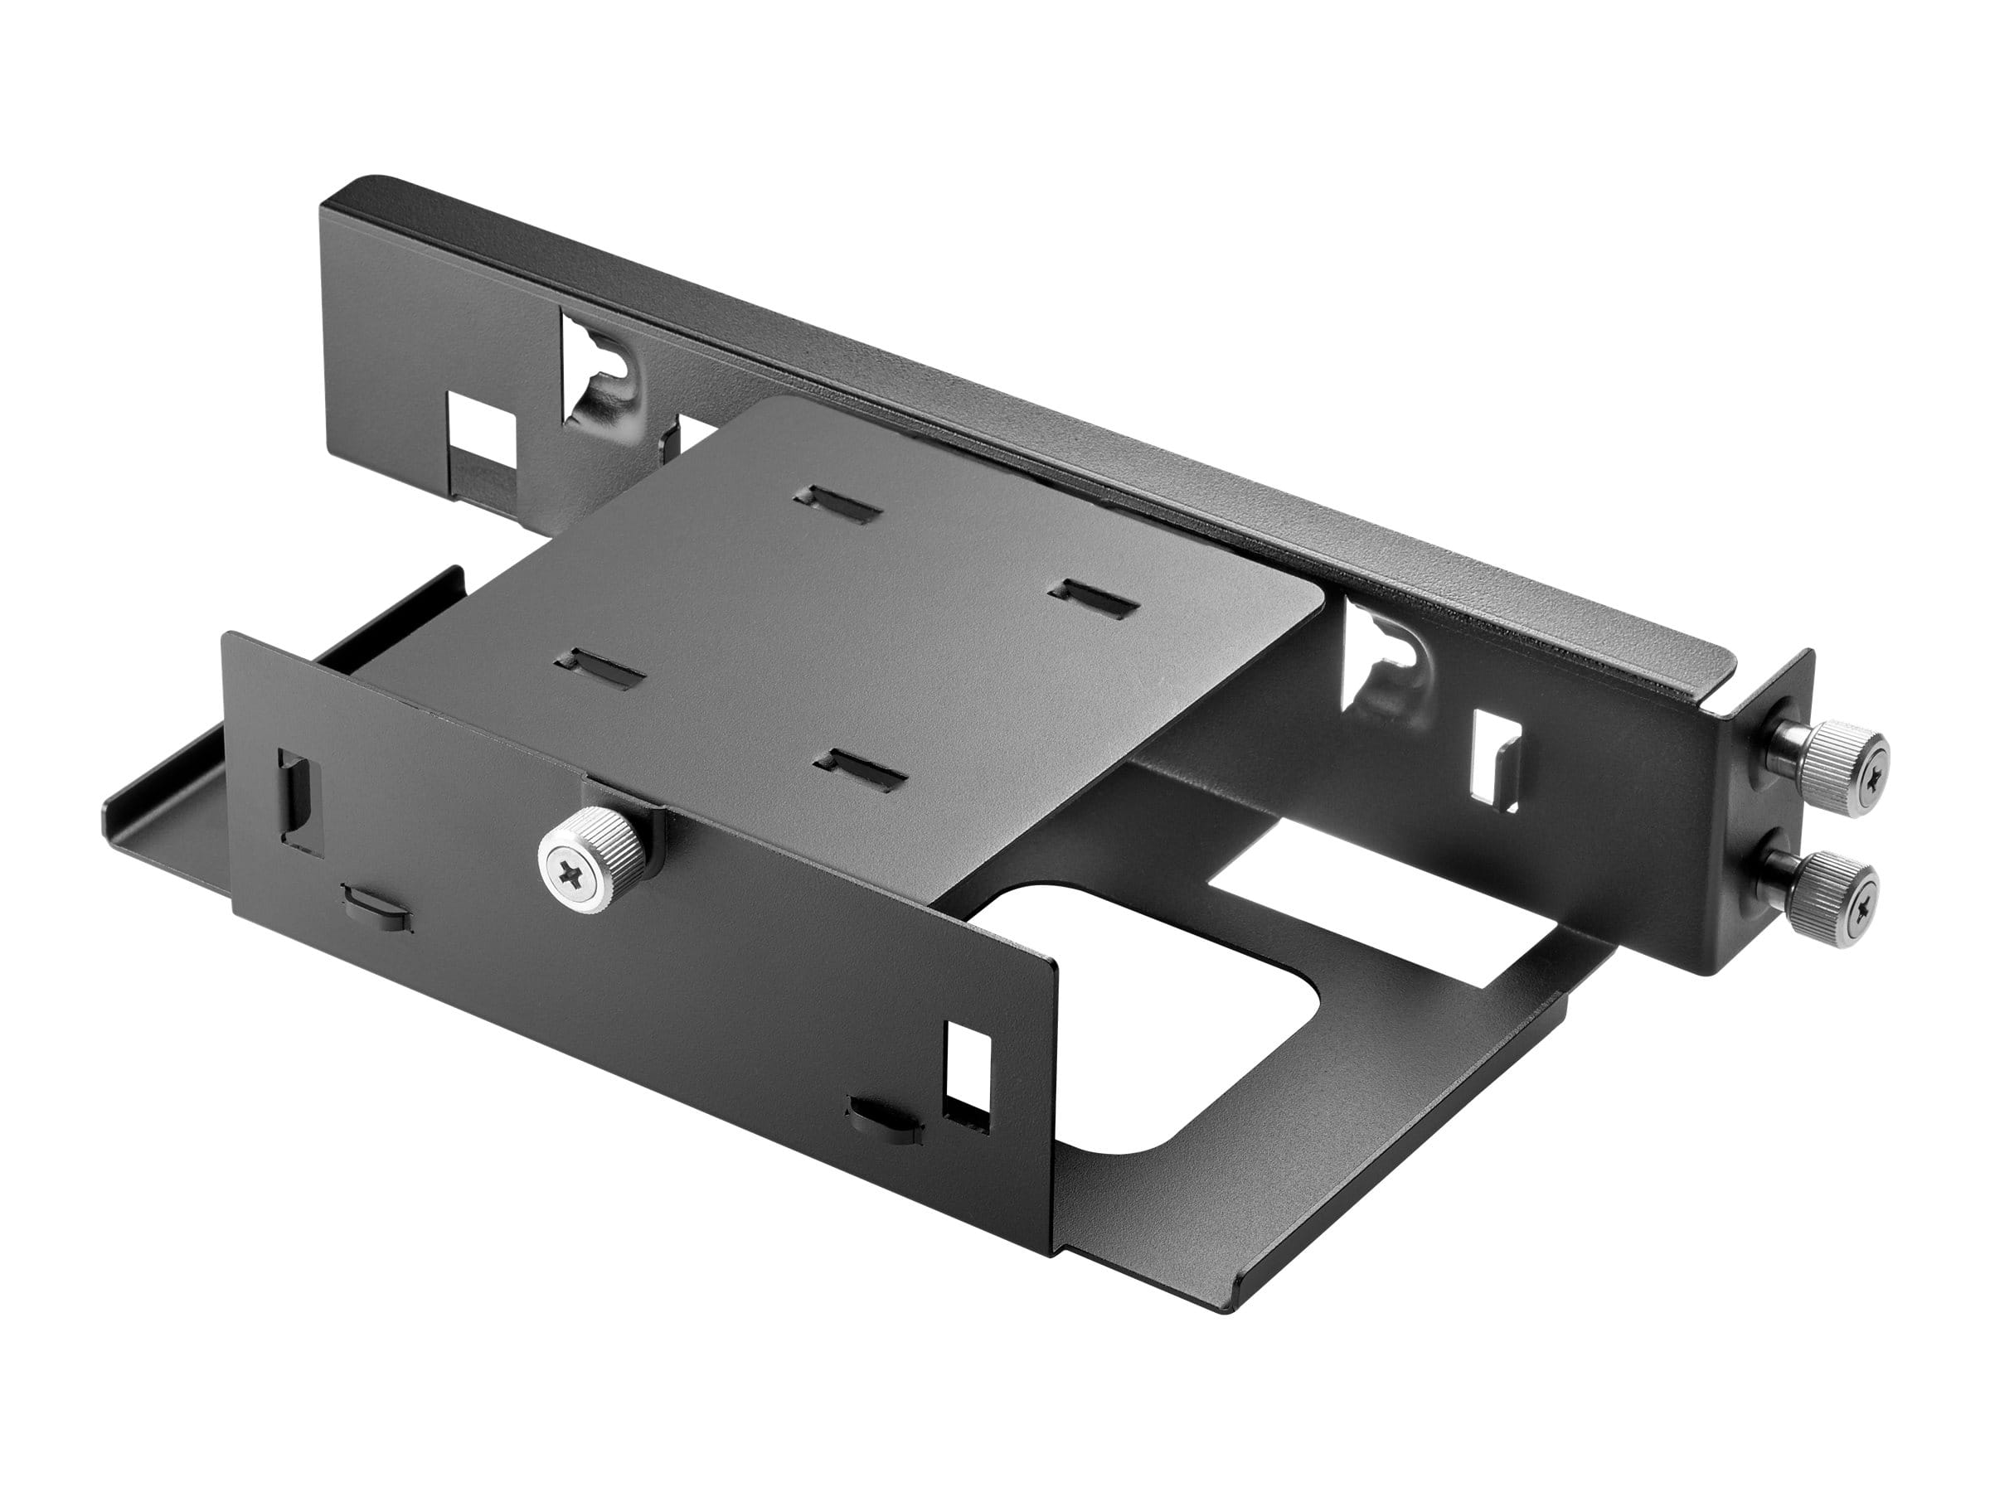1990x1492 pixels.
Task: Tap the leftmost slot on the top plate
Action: [601, 666]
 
